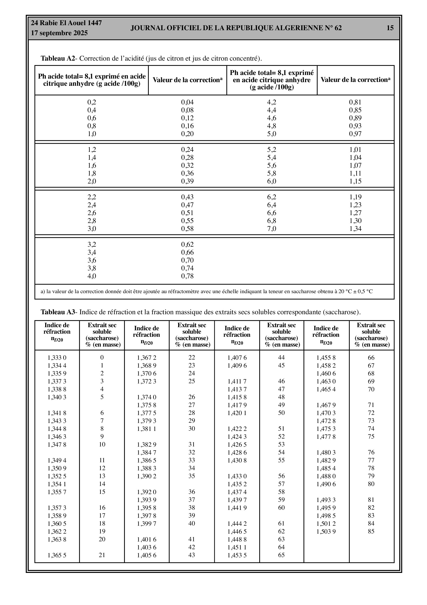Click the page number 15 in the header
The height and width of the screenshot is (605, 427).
(390, 28)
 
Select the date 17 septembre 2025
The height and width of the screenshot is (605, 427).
(59, 33)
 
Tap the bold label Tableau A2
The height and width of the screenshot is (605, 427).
(58, 58)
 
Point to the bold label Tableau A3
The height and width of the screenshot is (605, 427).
(58, 312)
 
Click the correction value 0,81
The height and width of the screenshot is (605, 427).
(355, 102)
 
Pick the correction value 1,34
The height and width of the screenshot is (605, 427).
(355, 229)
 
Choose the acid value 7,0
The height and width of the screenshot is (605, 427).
(272, 229)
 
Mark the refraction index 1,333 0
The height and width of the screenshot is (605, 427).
(57, 358)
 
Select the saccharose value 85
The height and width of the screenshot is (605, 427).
(371, 531)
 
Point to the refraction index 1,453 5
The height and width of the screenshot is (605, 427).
(237, 555)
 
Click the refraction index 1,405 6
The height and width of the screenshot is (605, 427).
(146, 555)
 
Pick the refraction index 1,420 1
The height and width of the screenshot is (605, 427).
(237, 413)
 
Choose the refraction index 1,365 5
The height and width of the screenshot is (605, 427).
(57, 555)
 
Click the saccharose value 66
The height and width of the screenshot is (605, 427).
(371, 358)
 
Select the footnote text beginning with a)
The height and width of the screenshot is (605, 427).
(206, 291)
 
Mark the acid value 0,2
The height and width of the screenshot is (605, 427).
(92, 102)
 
